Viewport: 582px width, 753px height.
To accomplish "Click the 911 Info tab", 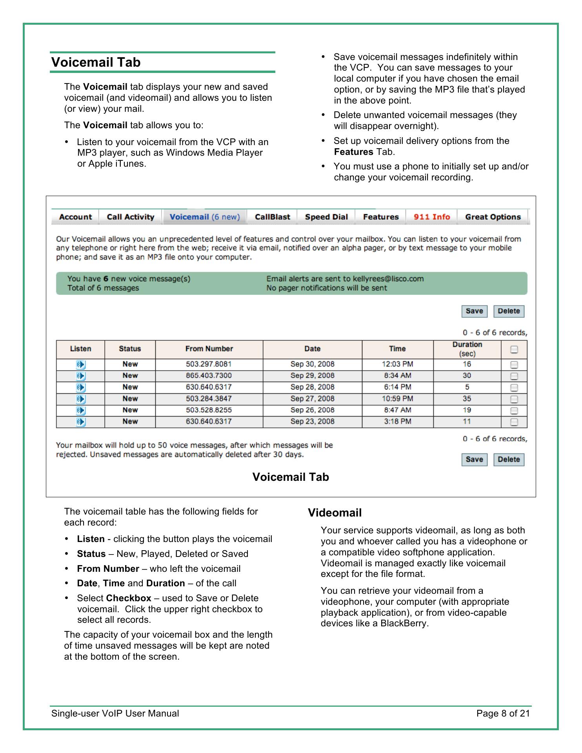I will (431, 217).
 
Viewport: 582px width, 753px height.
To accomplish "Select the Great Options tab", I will (493, 217).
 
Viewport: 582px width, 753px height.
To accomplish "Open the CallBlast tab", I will (272, 217).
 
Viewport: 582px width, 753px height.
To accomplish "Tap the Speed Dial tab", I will (326, 217).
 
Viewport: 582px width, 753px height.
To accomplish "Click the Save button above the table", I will (474, 311).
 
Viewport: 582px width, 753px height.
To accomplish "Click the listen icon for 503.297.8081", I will (81, 365).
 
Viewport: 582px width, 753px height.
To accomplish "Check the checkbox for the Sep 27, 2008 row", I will (514, 399).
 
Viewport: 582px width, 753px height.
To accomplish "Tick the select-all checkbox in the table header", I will (514, 349).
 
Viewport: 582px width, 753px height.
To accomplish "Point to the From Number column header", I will (209, 349).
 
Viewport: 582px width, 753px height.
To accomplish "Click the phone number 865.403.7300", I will (209, 376).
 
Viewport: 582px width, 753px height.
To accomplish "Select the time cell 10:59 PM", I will (397, 399).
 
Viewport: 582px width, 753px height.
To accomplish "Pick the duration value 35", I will (467, 399).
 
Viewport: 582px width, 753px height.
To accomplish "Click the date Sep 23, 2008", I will (312, 422).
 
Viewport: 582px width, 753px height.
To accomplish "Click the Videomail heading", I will (335, 513).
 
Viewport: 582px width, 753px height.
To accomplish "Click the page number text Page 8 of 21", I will (503, 713).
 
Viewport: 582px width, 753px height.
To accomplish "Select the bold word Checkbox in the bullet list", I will (129, 598).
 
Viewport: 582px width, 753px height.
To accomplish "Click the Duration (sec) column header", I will (467, 349).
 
